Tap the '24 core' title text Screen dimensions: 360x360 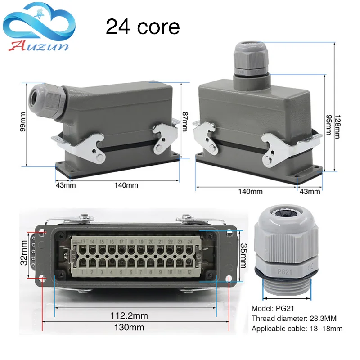(x=143, y=27)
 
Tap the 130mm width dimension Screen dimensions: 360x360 (x=130, y=327)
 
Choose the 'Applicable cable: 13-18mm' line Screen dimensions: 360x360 (x=297, y=328)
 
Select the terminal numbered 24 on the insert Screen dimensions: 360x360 (x=191, y=242)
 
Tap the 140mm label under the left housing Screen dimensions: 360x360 (x=126, y=185)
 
